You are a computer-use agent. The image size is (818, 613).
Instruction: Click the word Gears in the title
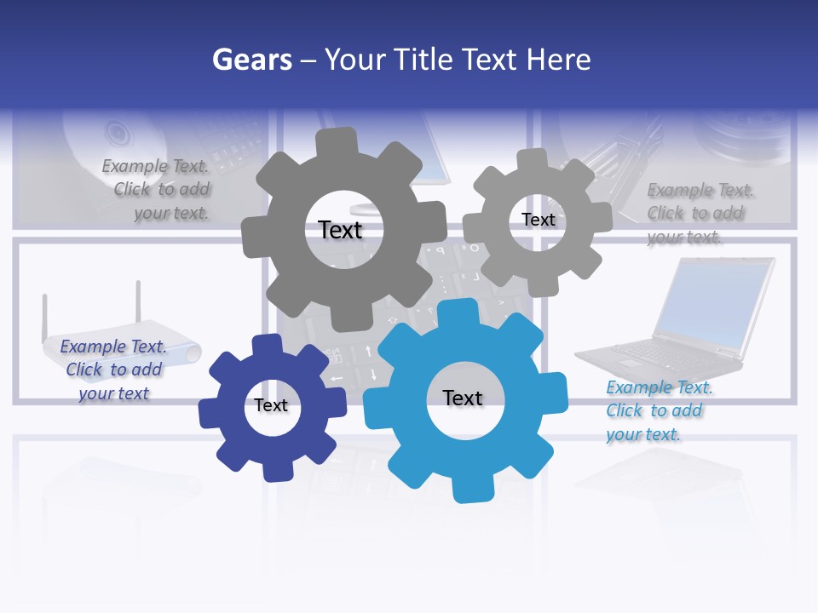click(x=251, y=60)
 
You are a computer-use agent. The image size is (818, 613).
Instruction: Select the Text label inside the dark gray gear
click(x=340, y=230)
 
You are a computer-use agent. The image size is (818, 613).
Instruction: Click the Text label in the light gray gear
click(x=538, y=220)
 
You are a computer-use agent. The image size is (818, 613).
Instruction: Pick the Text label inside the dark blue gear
click(x=271, y=405)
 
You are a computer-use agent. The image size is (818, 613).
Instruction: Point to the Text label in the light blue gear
click(x=463, y=398)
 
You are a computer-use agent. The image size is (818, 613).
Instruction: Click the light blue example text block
click(x=658, y=410)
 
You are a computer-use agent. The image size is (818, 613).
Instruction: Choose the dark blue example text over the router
click(x=113, y=370)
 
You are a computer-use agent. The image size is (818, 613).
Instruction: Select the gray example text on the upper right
click(x=699, y=213)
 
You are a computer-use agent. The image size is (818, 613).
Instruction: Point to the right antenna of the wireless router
click(x=136, y=305)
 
